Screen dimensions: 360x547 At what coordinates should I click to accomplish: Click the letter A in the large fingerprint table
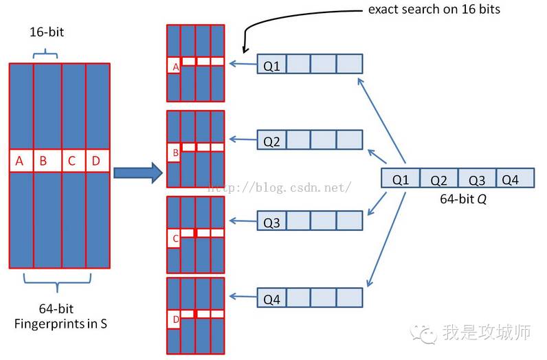coord(20,161)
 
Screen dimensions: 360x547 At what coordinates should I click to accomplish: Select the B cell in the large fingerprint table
coord(43,161)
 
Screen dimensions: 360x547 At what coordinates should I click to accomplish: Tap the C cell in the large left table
coord(71,161)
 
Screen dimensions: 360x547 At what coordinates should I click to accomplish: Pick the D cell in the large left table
coord(96,161)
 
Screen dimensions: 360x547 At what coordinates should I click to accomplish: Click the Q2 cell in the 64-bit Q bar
coord(438,179)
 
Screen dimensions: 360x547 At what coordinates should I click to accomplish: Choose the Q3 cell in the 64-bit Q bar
coord(476,179)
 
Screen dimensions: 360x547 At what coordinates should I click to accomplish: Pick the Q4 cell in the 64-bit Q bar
coord(511,179)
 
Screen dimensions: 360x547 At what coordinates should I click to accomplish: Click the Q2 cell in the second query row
coord(271,142)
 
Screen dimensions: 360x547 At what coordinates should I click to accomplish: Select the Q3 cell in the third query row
coord(271,223)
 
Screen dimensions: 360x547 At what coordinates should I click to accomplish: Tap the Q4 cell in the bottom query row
coord(271,299)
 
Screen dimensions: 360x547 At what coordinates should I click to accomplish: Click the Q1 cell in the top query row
coord(271,67)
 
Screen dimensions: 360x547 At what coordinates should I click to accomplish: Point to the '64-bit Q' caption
coord(458,199)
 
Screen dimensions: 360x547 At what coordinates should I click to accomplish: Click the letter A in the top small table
coord(175,67)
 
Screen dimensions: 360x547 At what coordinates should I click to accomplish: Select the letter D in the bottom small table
coord(175,319)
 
